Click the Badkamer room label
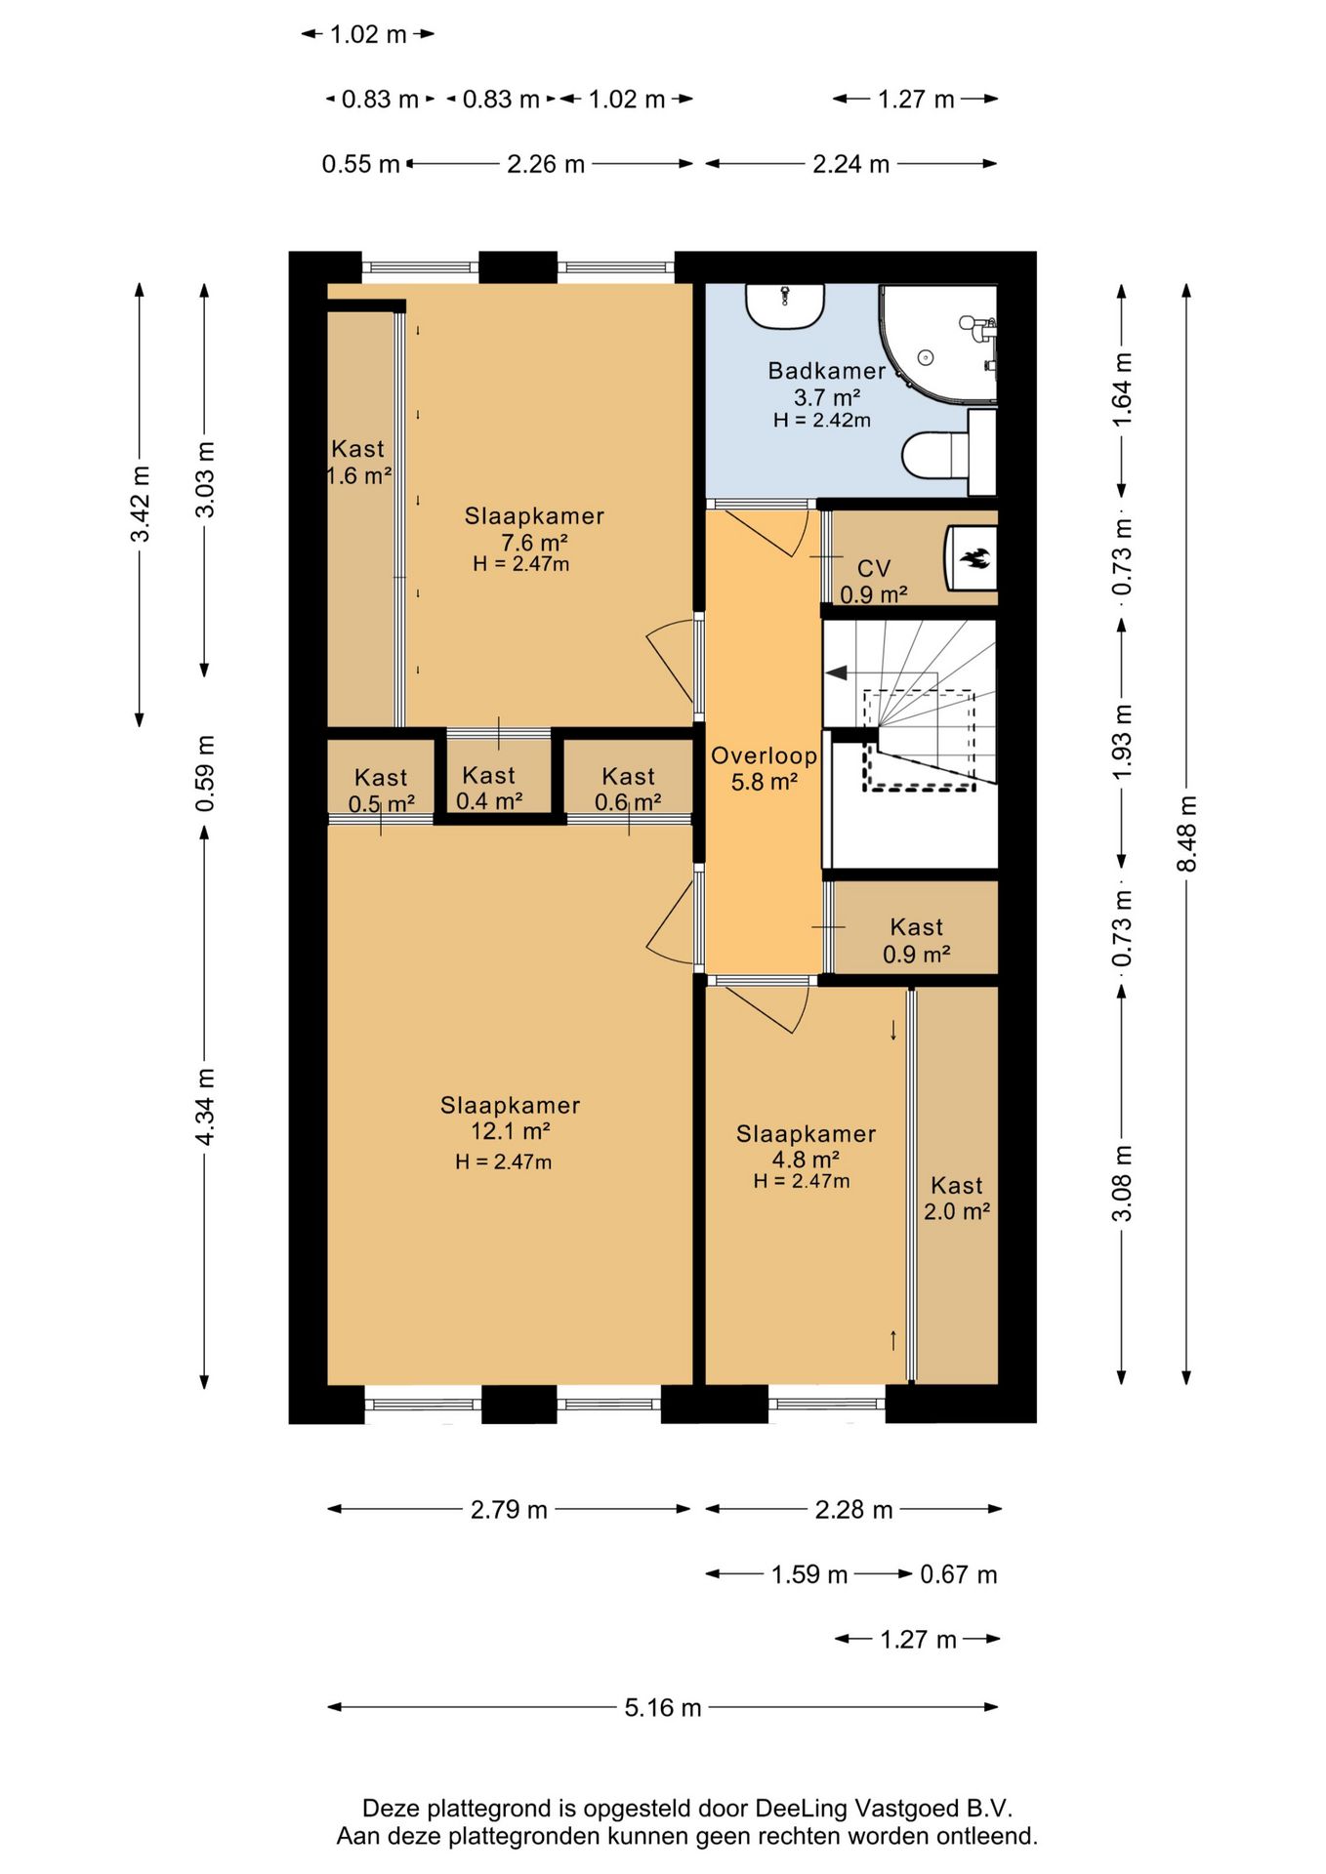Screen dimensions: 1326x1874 coord(826,371)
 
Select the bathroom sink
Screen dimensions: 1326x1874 coord(785,306)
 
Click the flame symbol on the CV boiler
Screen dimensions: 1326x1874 coord(975,558)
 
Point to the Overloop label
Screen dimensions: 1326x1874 coord(764,755)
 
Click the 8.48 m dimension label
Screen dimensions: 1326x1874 coord(1186,834)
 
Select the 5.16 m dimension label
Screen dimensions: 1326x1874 coord(663,1707)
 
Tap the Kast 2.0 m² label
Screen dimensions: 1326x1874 coord(957,1199)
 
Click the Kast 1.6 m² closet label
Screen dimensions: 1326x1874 coord(358,463)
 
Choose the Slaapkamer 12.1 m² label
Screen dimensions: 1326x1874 coord(510,1119)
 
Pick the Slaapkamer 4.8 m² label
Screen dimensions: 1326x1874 coord(806,1147)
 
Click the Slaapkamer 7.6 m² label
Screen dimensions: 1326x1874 coord(534,529)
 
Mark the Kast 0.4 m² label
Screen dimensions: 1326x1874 coord(488,789)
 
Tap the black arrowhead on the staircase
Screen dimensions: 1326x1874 coord(836,672)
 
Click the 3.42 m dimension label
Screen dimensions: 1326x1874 coord(141,504)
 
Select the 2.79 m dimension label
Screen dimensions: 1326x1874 coord(509,1510)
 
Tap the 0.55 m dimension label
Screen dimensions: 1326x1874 coord(360,164)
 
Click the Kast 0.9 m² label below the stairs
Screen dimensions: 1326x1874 coord(917,941)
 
